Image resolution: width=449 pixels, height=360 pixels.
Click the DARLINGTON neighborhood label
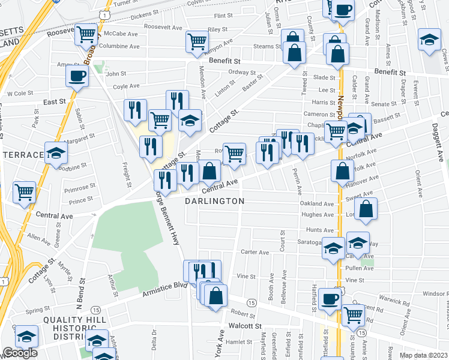click(214, 201)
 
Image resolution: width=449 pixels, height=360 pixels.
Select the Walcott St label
click(245, 326)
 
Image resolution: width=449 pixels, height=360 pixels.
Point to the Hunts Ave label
click(319, 230)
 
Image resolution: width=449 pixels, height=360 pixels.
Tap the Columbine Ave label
click(119, 46)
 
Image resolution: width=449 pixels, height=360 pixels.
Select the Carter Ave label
click(255, 253)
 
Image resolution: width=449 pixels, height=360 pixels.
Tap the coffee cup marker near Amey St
click(77, 77)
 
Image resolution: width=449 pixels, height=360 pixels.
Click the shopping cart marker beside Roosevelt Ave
click(86, 34)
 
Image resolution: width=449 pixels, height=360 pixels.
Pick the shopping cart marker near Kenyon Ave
click(196, 41)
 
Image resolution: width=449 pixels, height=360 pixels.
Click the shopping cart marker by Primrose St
click(25, 193)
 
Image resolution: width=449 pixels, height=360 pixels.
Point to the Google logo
click(20, 353)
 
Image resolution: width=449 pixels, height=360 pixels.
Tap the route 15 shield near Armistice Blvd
click(252, 302)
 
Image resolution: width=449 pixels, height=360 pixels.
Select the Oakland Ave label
click(316, 204)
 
